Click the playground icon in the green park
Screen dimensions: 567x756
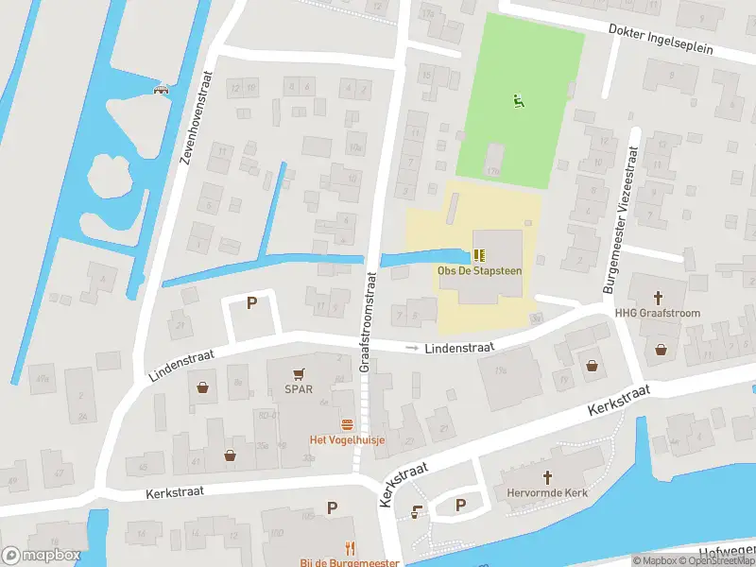click(x=517, y=101)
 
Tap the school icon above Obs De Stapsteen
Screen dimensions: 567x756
click(x=479, y=255)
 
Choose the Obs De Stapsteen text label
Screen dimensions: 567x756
click(x=479, y=271)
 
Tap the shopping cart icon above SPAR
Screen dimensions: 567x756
click(x=300, y=373)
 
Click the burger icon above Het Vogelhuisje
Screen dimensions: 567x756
click(x=347, y=424)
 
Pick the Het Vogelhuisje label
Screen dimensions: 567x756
click(x=347, y=440)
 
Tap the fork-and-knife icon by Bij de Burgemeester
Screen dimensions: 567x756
click(x=350, y=547)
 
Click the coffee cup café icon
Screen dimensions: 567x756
click(x=417, y=511)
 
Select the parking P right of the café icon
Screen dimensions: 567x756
click(x=460, y=505)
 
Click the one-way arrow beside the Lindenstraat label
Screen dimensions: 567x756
click(x=411, y=349)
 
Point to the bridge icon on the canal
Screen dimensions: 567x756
click(x=161, y=90)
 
